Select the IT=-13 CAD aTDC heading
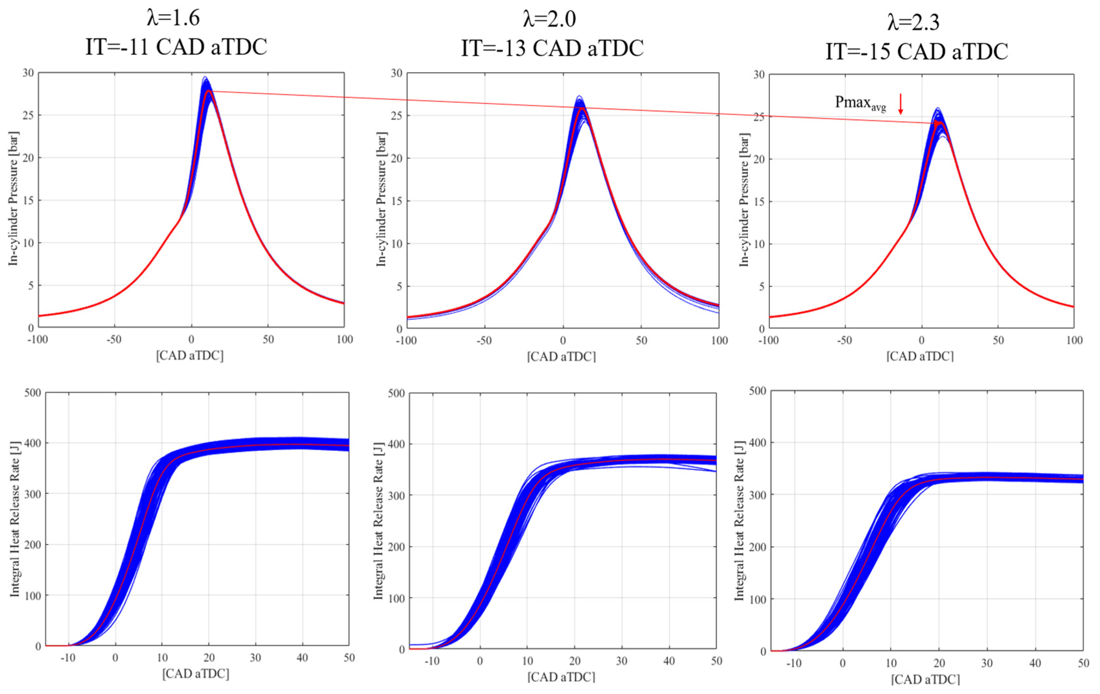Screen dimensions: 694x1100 552,48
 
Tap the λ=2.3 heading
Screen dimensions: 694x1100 913,22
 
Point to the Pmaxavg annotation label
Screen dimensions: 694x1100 860,103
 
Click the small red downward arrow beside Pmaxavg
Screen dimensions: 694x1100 900,104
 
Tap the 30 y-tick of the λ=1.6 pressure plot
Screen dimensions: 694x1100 28,73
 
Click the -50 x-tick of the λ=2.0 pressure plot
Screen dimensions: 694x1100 484,341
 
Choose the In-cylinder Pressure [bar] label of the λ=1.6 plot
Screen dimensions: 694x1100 14,199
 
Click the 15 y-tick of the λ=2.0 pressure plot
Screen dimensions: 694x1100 397,201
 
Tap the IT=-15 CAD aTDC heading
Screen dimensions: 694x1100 916,52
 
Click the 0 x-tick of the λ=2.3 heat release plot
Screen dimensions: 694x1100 842,663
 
